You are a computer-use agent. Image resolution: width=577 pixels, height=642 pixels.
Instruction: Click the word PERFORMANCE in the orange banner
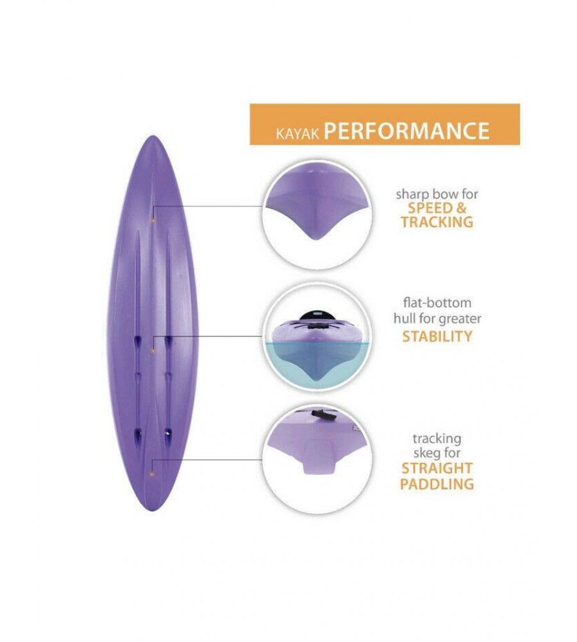(x=406, y=130)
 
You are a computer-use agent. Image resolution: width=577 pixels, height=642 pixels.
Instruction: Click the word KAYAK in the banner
(x=297, y=134)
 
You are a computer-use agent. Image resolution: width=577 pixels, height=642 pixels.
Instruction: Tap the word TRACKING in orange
(x=437, y=222)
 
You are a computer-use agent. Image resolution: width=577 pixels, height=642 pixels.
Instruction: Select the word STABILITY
(x=437, y=336)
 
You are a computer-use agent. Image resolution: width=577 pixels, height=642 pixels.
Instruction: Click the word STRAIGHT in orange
(x=437, y=468)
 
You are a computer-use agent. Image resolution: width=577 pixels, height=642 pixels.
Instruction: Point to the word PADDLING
(x=437, y=484)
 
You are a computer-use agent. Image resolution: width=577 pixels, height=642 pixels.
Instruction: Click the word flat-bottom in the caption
(x=436, y=302)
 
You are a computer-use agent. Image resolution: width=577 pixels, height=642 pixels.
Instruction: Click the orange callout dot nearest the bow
(x=153, y=220)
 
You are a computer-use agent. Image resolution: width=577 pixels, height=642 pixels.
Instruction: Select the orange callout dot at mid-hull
(x=153, y=350)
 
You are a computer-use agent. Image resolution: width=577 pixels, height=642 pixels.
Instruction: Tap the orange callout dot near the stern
(x=151, y=474)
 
